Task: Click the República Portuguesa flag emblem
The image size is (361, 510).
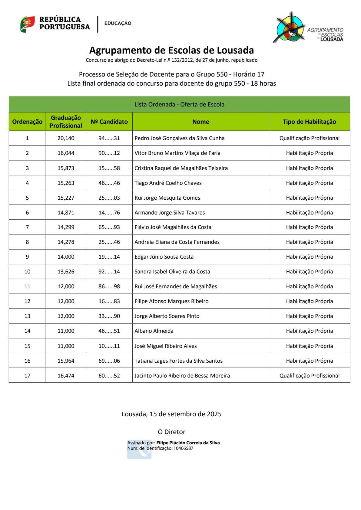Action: (x=28, y=24)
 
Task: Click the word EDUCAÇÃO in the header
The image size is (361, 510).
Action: (x=118, y=23)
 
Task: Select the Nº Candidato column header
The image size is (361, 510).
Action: (x=109, y=122)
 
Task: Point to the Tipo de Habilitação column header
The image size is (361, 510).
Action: (x=309, y=122)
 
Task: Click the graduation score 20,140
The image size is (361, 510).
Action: (x=66, y=138)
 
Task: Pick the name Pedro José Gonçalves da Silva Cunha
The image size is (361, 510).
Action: (x=179, y=138)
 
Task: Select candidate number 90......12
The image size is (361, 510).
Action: (x=109, y=153)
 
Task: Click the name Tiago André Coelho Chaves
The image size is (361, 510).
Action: (x=168, y=183)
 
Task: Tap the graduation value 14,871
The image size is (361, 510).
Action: (x=66, y=213)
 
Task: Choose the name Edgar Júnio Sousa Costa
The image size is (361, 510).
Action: (x=164, y=257)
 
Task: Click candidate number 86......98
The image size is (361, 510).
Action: (x=109, y=286)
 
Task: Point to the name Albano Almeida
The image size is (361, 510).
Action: (x=154, y=331)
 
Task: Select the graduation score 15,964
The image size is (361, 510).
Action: (x=66, y=361)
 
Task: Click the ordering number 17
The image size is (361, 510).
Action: (x=27, y=376)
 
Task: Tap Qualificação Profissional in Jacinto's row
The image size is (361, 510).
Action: (x=309, y=376)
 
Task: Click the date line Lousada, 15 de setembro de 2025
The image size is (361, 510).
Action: (x=171, y=414)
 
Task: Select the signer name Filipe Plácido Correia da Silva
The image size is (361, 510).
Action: (x=188, y=443)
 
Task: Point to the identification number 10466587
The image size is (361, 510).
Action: (x=183, y=448)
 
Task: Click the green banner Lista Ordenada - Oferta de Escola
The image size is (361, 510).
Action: (x=179, y=104)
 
